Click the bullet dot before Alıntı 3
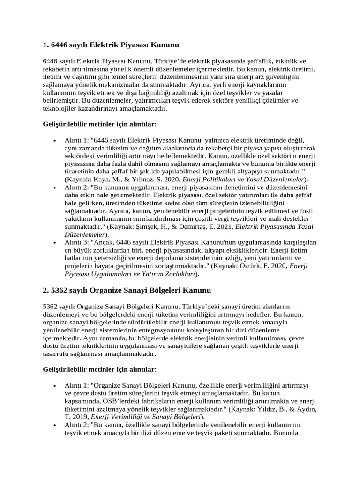click(55, 242)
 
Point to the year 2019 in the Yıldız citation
click(79, 416)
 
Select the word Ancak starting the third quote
click(102, 242)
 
